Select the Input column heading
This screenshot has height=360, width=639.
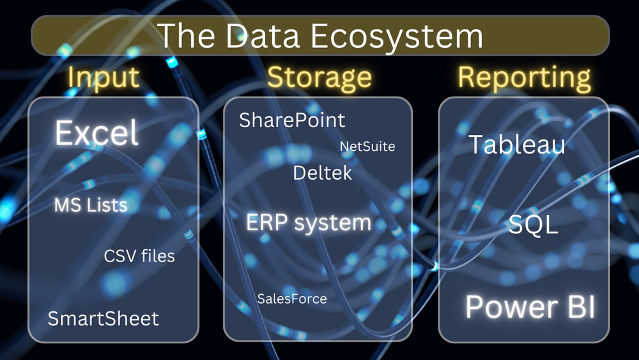pyautogui.click(x=104, y=77)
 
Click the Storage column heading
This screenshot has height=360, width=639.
pyautogui.click(x=319, y=77)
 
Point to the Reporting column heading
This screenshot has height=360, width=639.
pyautogui.click(x=524, y=77)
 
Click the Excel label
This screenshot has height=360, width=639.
pyautogui.click(x=96, y=134)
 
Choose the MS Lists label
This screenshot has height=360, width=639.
pyautogui.click(x=91, y=205)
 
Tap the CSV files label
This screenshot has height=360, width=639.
pyautogui.click(x=139, y=256)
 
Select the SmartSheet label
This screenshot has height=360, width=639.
pyautogui.click(x=104, y=318)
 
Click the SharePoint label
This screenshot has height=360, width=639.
pyautogui.click(x=292, y=120)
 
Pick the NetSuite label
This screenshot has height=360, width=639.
pyautogui.click(x=367, y=146)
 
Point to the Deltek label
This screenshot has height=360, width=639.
pyautogui.click(x=322, y=173)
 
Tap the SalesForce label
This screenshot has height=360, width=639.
pyautogui.click(x=292, y=299)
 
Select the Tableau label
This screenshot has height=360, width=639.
pyautogui.click(x=517, y=145)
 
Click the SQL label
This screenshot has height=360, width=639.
pyautogui.click(x=534, y=225)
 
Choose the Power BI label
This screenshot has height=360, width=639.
pyautogui.click(x=530, y=307)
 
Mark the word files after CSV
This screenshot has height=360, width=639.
pyautogui.click(x=157, y=256)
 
